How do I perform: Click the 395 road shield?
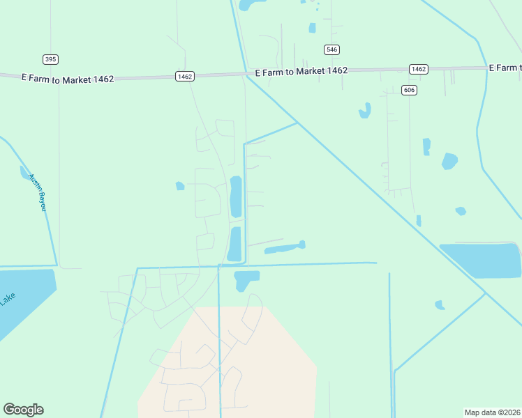[50, 59]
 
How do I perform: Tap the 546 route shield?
[332, 49]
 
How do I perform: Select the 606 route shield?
[409, 91]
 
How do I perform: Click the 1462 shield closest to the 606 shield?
[418, 69]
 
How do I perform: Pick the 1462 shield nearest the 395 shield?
[185, 76]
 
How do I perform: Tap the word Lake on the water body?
[7, 299]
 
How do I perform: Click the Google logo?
[23, 410]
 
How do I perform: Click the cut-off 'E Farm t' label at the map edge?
[505, 68]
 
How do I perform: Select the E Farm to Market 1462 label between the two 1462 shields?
[301, 71]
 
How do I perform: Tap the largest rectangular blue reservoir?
[482, 260]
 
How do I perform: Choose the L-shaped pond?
[245, 279]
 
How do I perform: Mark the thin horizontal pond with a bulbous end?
[284, 247]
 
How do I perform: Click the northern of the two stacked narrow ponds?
[236, 196]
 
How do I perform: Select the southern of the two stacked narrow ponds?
[235, 244]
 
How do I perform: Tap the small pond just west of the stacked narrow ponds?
[180, 186]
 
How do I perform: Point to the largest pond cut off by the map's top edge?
[248, 5]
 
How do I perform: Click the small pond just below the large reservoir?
[440, 304]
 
